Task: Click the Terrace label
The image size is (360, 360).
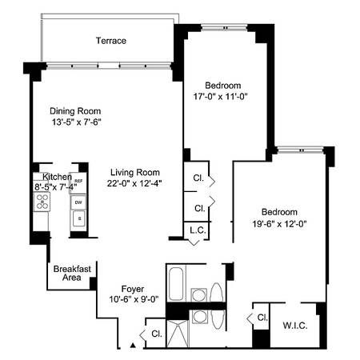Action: (x=110, y=40)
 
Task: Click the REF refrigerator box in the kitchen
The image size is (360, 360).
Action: (x=78, y=183)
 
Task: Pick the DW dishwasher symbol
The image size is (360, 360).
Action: (x=78, y=202)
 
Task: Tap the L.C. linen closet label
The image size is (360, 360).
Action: (x=199, y=231)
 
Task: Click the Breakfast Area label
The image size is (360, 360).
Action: (x=71, y=274)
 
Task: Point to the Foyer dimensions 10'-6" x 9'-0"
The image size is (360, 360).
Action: (x=133, y=300)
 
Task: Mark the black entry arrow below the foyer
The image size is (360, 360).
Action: (x=133, y=346)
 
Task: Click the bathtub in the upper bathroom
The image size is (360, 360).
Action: (x=178, y=284)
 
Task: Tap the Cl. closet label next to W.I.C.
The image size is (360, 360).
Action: (x=262, y=318)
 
